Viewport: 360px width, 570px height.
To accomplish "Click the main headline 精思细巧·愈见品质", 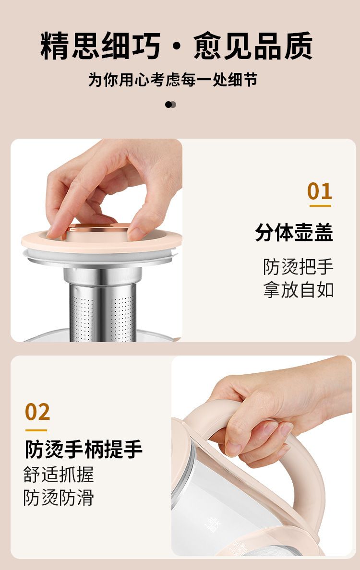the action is click(177, 46).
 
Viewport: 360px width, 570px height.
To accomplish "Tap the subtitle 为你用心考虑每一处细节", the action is click(173, 80).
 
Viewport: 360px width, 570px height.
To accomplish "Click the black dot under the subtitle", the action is click(168, 105).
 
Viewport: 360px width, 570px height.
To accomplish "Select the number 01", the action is click(320, 191).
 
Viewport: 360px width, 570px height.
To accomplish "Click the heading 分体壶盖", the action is click(294, 233).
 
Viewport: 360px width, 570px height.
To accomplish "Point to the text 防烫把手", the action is click(298, 267).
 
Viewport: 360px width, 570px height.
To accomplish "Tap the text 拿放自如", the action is click(298, 290).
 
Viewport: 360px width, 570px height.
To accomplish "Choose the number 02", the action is click(37, 412).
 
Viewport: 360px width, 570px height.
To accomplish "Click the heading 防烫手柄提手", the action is click(84, 450).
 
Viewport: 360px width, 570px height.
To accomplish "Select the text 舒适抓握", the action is click(59, 475).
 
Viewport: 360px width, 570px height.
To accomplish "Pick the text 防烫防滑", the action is click(59, 498).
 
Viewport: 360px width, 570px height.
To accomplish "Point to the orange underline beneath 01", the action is click(320, 206).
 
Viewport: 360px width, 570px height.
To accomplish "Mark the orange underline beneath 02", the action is click(36, 430).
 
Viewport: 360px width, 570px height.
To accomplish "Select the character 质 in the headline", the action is click(299, 46).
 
